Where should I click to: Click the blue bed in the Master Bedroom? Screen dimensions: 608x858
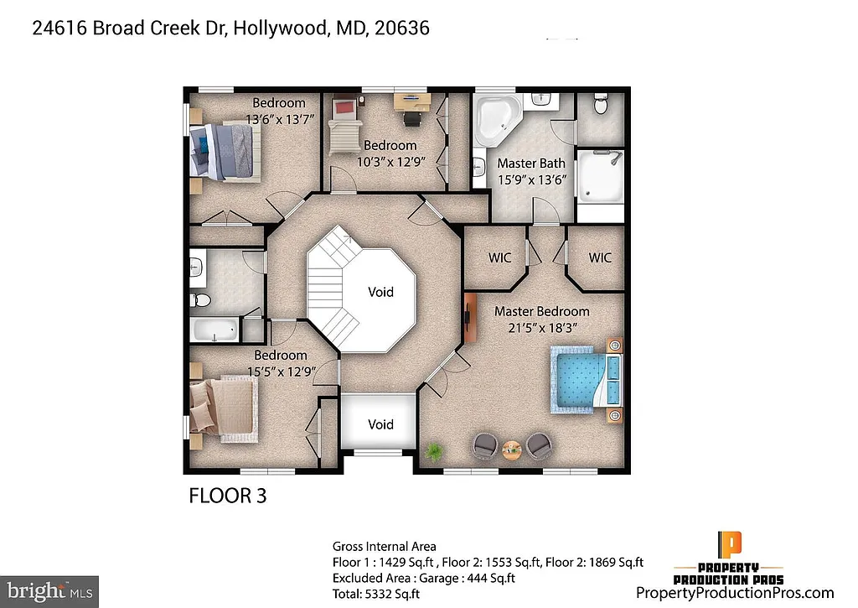pyautogui.click(x=587, y=381)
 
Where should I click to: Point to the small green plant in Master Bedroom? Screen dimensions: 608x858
pyautogui.click(x=434, y=453)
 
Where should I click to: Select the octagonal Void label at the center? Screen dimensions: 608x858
pyautogui.click(x=380, y=292)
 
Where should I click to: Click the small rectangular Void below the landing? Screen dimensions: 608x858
pyautogui.click(x=380, y=424)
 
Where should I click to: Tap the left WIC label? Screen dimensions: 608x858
pyautogui.click(x=499, y=257)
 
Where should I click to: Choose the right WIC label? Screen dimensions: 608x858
pyautogui.click(x=600, y=257)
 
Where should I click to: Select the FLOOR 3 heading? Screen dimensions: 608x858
pyautogui.click(x=227, y=496)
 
